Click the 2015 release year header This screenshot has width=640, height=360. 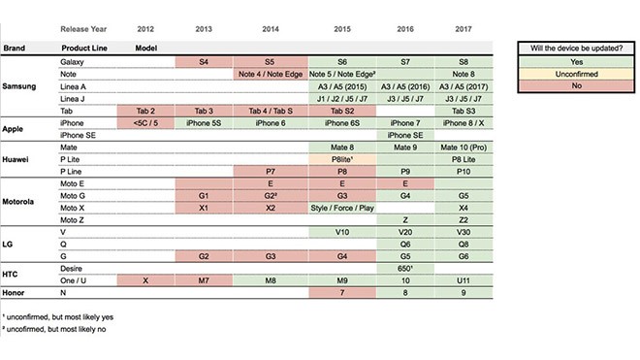342,29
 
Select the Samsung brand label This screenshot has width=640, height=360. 19,86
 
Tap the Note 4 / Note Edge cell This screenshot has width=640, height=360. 271,74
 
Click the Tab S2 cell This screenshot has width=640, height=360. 342,111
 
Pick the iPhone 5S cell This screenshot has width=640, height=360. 204,123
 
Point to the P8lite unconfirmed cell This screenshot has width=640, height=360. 342,159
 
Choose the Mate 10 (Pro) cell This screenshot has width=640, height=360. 464,147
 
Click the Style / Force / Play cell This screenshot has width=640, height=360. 342,208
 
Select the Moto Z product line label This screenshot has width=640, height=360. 72,220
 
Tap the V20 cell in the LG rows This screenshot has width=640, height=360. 405,232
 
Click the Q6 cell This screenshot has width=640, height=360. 405,245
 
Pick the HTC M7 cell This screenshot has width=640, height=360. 204,280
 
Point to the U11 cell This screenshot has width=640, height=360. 464,280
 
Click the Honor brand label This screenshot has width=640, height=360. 13,293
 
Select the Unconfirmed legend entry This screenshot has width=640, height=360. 576,74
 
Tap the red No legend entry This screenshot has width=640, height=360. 576,85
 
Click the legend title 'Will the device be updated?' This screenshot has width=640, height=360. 576,49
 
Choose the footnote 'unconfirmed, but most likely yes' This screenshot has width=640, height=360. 58,316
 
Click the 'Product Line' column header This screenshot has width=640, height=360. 84,48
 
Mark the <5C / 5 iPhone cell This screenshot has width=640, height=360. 145,123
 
